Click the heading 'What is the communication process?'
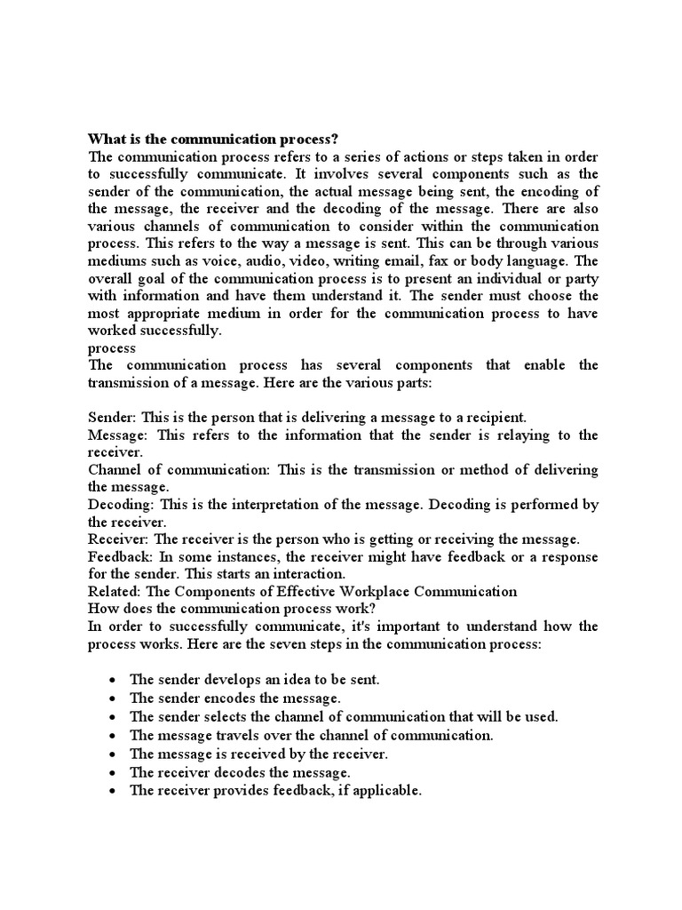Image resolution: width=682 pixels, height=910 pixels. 214,140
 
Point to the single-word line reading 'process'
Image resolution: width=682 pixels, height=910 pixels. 112,347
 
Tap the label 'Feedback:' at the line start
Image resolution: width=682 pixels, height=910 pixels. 123,556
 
